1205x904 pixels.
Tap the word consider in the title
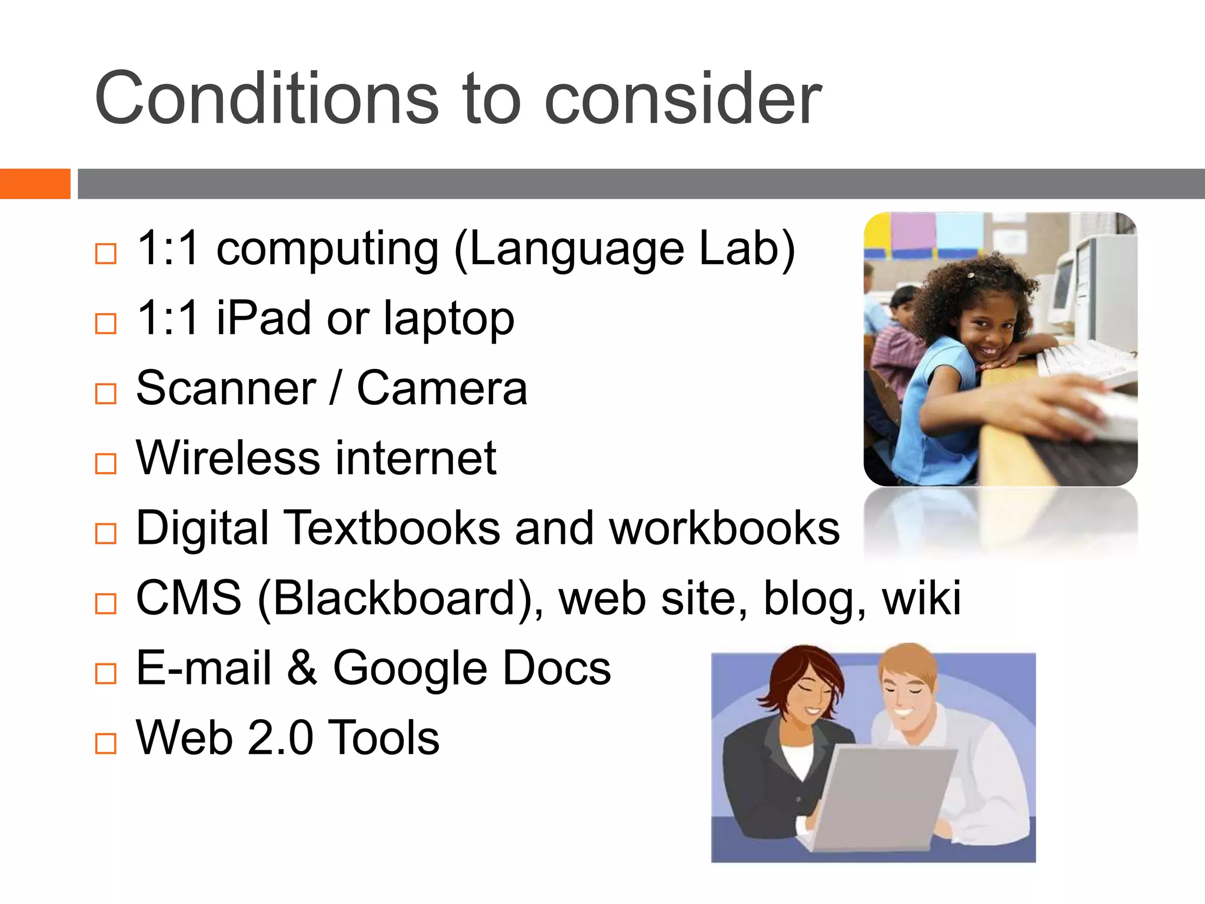coord(683,98)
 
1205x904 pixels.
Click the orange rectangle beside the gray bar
coord(35,184)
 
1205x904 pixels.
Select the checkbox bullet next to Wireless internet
coord(106,464)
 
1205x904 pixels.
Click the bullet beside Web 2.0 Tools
coord(106,743)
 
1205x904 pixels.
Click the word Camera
coord(442,388)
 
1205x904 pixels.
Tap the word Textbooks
coord(394,528)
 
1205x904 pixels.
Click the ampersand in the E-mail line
coord(302,668)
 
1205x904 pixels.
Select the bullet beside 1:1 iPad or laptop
coord(106,324)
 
